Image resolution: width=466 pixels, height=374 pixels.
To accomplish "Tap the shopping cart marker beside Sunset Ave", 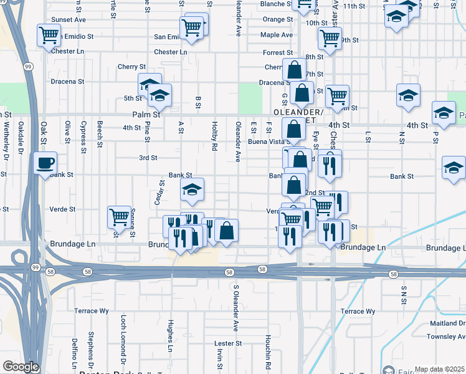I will tap(48, 35).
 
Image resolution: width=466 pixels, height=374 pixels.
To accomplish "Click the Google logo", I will tap(21, 367).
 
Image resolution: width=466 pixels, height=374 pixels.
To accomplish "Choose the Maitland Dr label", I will tap(447, 324).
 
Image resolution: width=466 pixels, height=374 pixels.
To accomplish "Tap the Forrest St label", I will tap(277, 53).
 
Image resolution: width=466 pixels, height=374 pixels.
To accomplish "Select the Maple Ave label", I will tap(277, 35).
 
